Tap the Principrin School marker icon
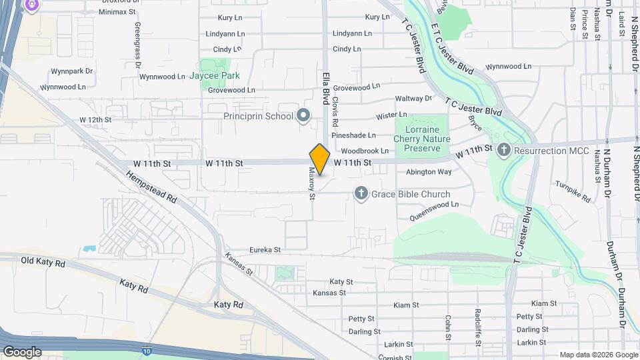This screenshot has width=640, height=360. [303, 116]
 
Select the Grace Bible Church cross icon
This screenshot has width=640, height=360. [361, 194]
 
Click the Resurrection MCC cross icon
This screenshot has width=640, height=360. [504, 150]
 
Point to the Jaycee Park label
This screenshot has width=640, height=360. [214, 76]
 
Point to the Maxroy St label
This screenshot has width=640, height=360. [311, 182]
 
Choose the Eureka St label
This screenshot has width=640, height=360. [265, 250]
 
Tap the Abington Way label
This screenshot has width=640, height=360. [429, 172]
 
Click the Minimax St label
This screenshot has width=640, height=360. [117, 12]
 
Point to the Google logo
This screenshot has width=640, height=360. [22, 351]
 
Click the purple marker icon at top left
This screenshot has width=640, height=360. [31, 6]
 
